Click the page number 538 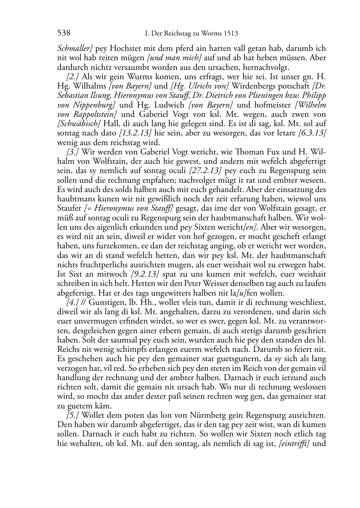coord(63,34)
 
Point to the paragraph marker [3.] coord(72,152)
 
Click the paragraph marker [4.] coord(72,303)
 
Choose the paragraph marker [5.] coord(72,416)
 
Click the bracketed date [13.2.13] coord(135,133)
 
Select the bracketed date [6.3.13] coord(312,133)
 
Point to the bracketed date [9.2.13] coord(143,274)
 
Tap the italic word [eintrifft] coord(294,444)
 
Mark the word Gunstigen coord(108,303)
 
